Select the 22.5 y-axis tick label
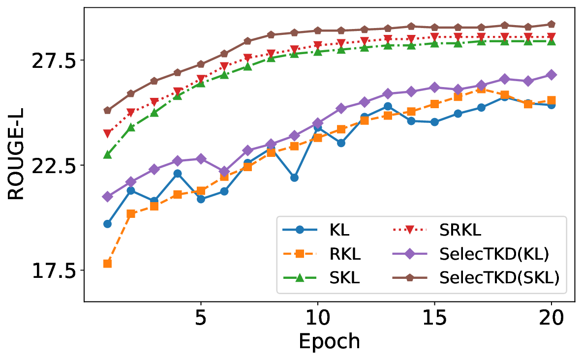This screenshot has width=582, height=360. coord(51,166)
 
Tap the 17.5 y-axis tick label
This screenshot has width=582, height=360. coord(51,271)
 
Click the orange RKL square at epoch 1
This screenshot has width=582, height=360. coord(107,264)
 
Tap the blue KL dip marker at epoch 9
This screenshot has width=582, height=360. coord(294,178)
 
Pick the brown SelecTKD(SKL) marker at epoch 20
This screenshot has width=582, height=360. coord(551,24)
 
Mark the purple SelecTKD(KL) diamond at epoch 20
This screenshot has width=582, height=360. coord(551,75)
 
